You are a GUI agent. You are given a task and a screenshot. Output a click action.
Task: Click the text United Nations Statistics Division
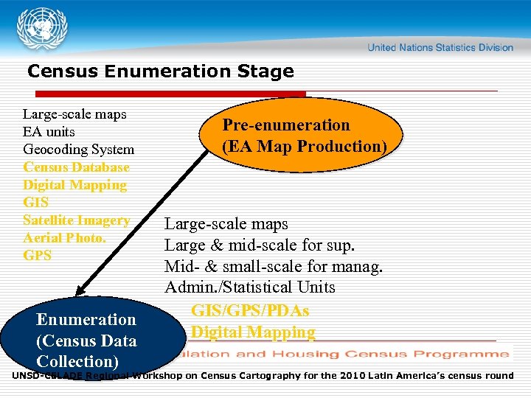pos(440,47)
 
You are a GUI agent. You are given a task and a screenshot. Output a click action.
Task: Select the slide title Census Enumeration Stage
pos(160,71)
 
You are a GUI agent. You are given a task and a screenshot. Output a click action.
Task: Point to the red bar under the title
pos(170,94)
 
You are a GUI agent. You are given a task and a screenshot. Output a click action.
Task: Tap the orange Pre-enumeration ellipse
pos(305,135)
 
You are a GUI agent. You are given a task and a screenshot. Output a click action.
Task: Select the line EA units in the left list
pos(49,132)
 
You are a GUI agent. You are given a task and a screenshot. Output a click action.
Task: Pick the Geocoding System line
pos(78,150)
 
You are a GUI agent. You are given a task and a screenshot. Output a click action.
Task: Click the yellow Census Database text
pos(76,167)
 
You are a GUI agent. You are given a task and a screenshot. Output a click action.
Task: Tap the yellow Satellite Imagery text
pos(76,220)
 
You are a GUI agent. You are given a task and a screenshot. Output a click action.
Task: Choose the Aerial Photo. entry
pos(65,238)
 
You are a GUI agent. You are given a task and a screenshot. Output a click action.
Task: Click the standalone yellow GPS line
pos(37,256)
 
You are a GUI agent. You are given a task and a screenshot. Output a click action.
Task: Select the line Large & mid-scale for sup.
pos(260,245)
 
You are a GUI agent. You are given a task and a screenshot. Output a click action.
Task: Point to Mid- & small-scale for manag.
pos(274,266)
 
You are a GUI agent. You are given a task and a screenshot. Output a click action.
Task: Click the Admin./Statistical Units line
pos(249,287)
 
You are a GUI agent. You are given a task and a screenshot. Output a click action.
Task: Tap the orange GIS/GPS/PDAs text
pos(250,310)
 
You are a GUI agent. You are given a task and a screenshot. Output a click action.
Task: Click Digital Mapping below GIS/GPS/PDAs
pos(253,332)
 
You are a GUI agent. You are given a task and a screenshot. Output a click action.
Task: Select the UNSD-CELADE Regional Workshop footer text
pos(263,376)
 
